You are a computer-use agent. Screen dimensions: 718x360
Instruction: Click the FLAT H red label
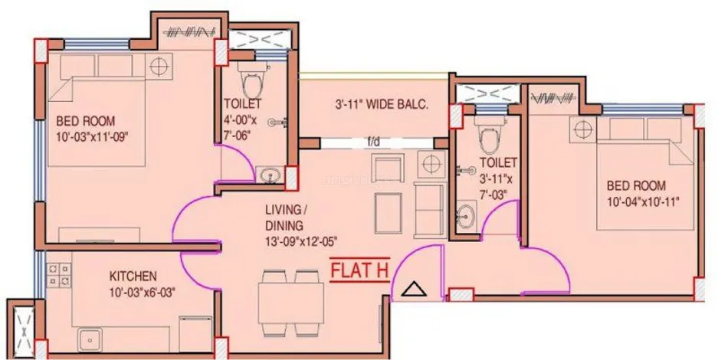[359, 270]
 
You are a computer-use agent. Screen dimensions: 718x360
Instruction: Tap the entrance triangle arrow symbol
[414, 290]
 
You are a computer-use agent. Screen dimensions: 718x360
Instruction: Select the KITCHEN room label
[133, 277]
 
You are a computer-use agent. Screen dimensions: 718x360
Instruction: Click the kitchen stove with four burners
[59, 275]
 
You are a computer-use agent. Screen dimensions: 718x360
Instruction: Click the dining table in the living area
[290, 303]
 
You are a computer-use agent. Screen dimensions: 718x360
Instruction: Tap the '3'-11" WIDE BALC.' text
[381, 104]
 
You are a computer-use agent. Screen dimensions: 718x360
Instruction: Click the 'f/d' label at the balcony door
[373, 142]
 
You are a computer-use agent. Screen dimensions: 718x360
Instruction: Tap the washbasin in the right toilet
[466, 214]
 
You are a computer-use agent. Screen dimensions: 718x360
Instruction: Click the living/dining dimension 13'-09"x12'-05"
[302, 241]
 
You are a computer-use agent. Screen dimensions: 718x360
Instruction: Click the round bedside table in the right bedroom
[583, 129]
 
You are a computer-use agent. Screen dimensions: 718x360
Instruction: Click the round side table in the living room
[431, 163]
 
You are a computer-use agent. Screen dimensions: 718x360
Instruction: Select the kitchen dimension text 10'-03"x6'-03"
[143, 293]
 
